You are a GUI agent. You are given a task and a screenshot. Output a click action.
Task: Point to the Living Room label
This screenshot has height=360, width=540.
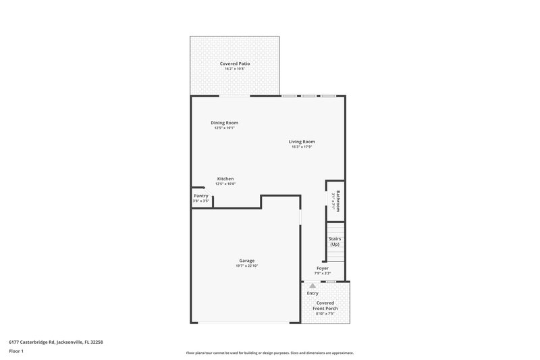coord(302,141)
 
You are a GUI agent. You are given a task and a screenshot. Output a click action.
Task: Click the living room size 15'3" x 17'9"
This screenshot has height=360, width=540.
coord(302,147)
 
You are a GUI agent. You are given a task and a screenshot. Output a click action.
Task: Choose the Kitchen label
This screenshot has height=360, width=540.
coord(225,178)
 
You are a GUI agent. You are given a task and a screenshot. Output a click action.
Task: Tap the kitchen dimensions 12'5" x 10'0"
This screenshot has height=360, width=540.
coord(225,184)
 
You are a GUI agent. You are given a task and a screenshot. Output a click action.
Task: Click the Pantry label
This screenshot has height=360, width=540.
coord(201,196)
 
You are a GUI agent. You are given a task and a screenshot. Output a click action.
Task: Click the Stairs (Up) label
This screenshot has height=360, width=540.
coord(334,241)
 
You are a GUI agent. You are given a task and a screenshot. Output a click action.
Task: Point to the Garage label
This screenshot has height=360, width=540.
coord(246,260)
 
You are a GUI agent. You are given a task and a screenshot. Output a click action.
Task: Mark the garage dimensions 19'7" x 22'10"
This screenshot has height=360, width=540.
coord(246,265)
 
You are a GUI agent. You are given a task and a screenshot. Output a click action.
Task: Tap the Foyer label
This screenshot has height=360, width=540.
coord(323,267)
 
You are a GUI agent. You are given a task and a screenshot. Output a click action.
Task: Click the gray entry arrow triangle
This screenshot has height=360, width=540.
coord(312,286)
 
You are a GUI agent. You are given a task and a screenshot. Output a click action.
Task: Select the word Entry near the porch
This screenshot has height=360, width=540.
coord(313,293)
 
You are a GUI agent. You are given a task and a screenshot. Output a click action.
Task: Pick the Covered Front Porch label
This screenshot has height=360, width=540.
coord(327,306)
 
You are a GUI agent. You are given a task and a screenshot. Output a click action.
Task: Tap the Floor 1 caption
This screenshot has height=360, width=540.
coord(16,351)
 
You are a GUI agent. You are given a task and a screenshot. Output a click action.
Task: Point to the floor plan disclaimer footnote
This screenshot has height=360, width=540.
coord(269,353)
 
